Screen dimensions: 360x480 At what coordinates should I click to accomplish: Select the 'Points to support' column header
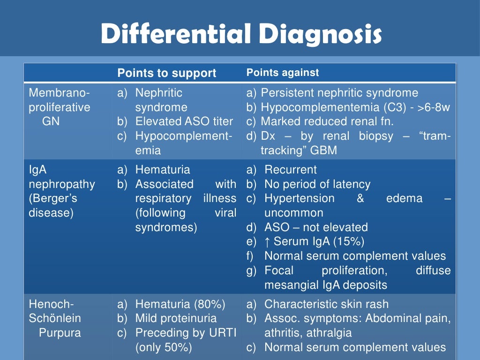coord(166,73)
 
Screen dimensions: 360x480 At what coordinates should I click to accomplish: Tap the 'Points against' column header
coord(283,73)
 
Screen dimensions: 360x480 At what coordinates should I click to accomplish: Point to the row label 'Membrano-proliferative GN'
coord(60,107)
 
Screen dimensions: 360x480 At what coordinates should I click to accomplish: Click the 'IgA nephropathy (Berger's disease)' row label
coord(62,191)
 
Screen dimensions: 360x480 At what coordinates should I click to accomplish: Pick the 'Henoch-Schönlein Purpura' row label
coord(55,318)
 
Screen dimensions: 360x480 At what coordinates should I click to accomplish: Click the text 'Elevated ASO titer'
coord(184,121)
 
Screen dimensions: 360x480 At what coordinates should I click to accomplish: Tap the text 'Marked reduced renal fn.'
coord(327,121)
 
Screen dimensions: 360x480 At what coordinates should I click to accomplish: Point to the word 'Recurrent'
coord(291,170)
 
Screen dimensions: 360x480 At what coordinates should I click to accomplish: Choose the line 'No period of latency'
coord(317,184)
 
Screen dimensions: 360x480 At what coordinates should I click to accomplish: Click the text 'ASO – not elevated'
coord(316,227)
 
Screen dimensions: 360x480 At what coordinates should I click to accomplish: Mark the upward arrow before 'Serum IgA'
coord(267,242)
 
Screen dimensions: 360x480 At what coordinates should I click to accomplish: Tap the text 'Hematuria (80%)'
coord(180,304)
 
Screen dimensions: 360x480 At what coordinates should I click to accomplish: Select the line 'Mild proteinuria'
coord(176,318)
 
